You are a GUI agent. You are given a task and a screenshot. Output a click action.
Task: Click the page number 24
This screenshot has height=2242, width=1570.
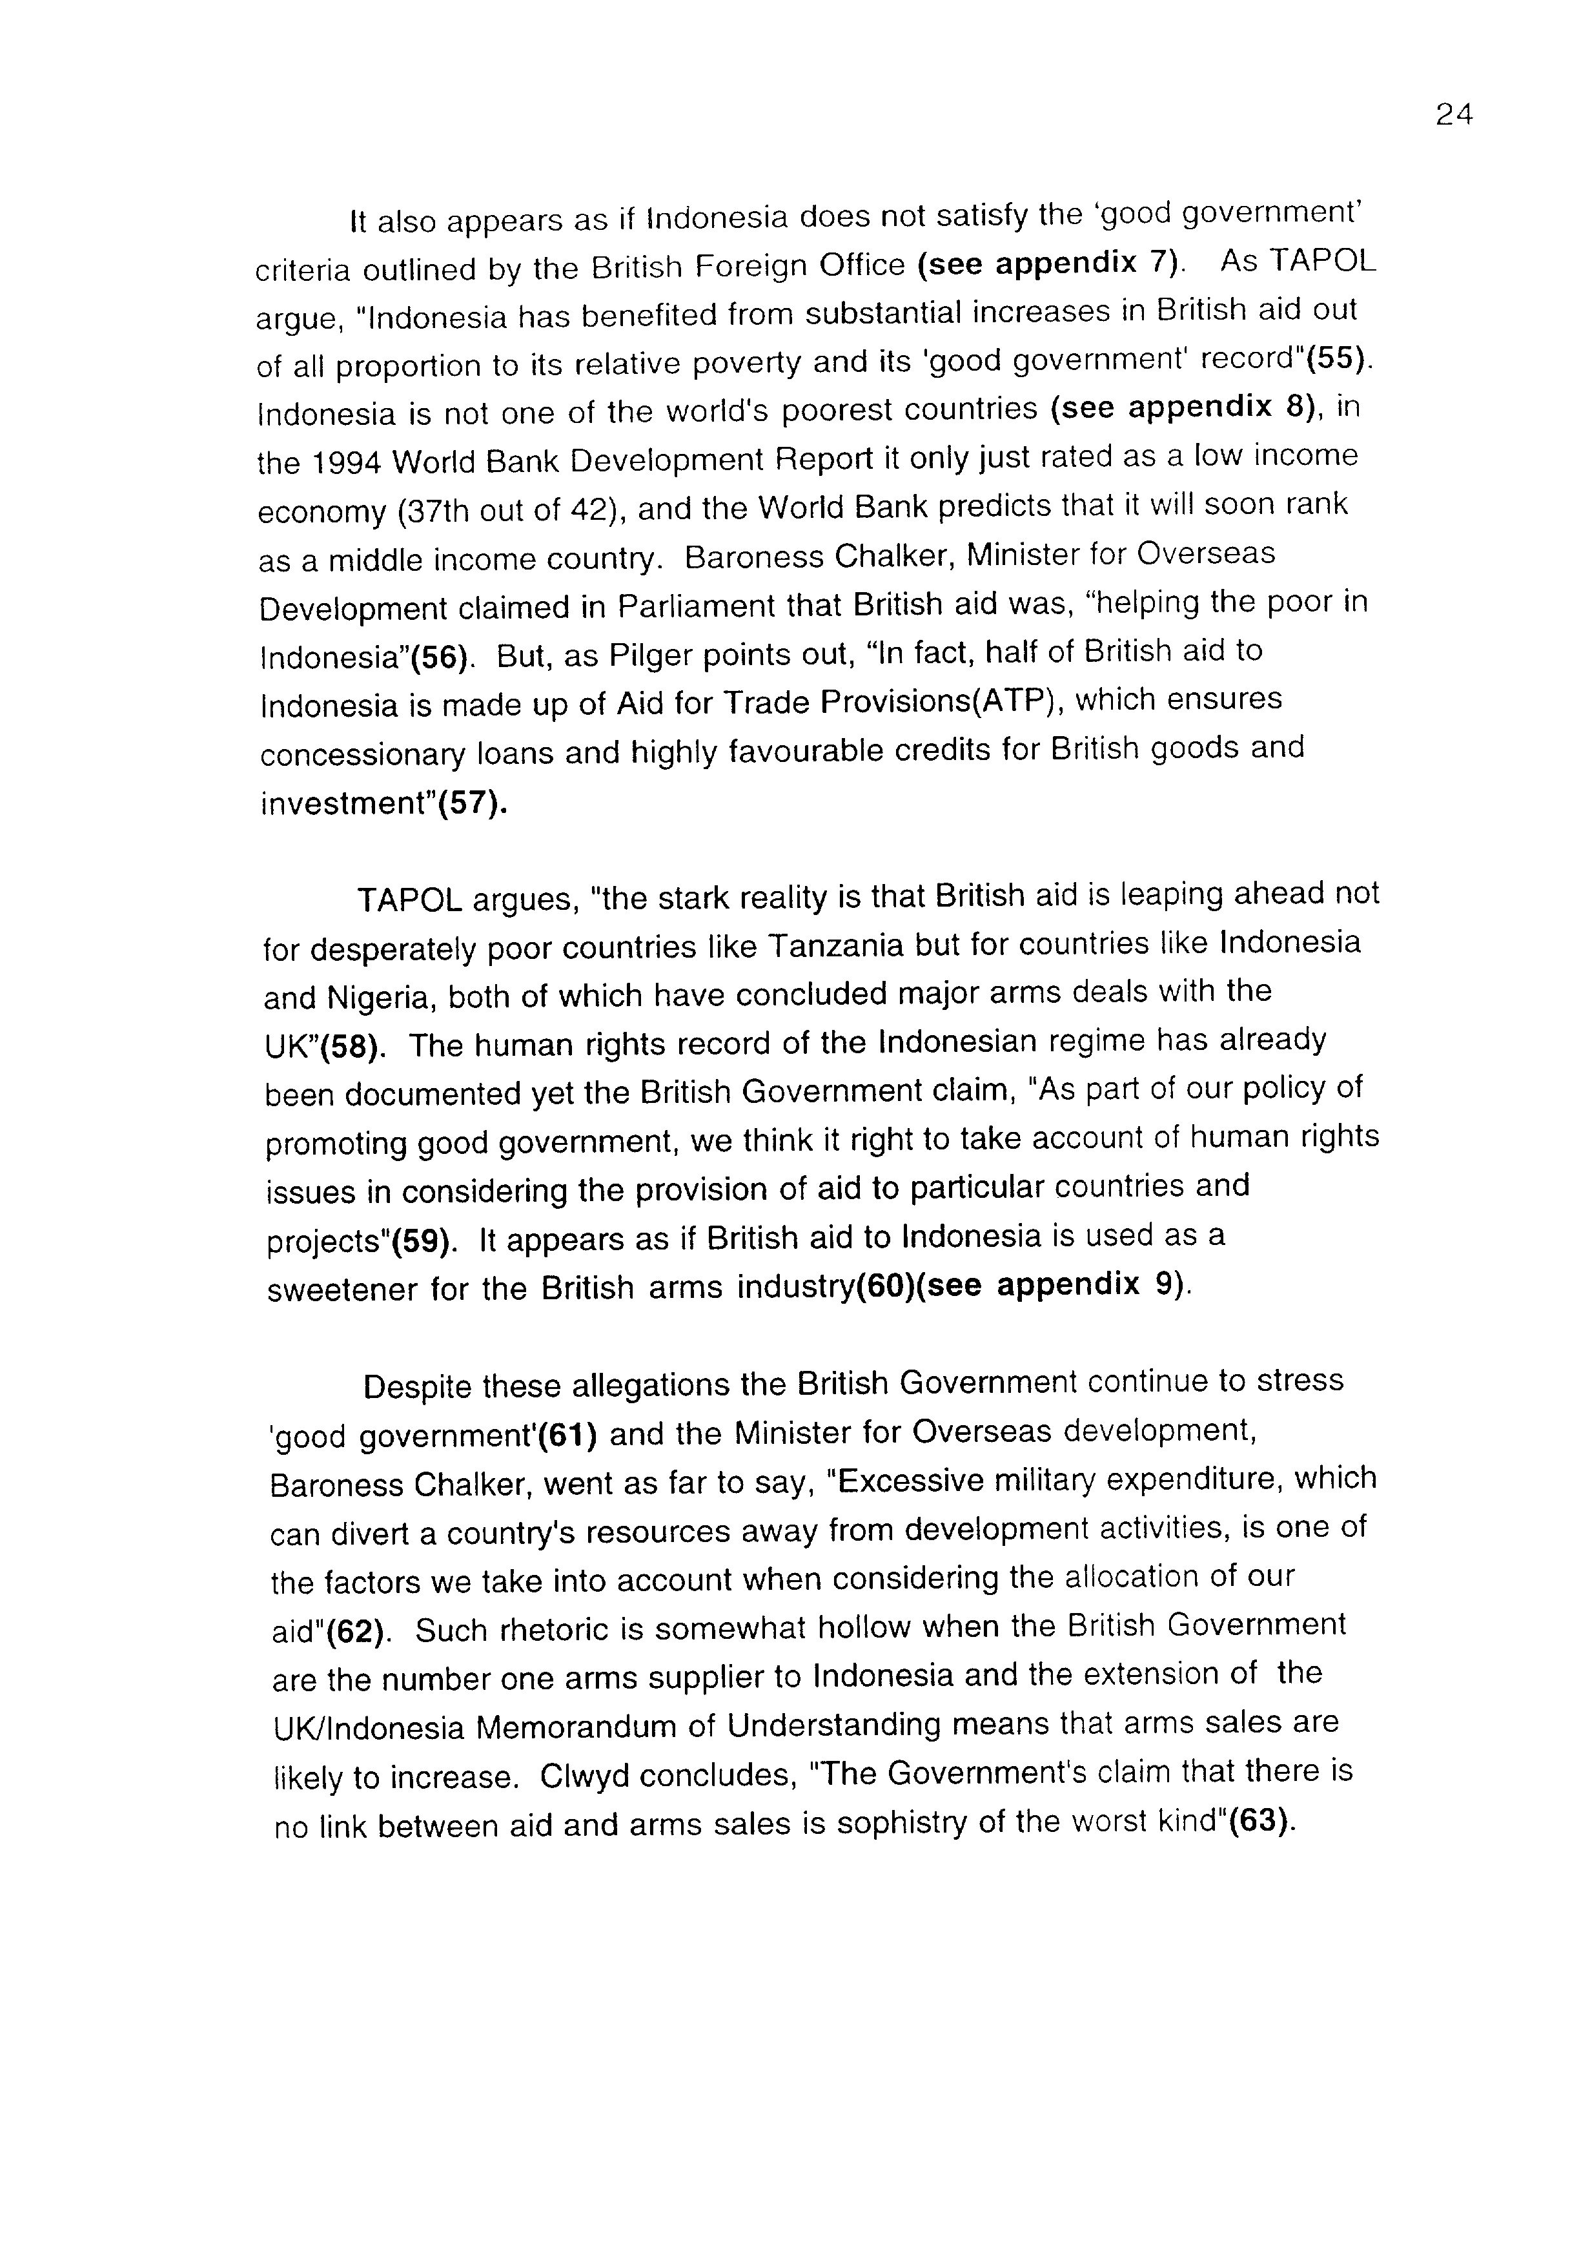(x=1453, y=115)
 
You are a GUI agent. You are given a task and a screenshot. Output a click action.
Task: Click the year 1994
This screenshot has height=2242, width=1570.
(x=347, y=462)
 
